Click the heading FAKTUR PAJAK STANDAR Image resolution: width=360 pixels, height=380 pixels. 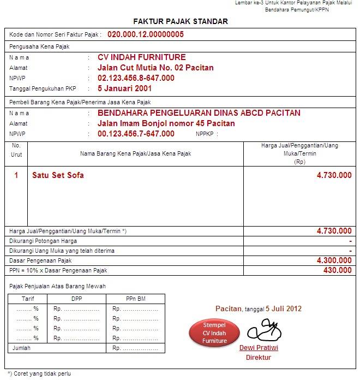tap(181, 21)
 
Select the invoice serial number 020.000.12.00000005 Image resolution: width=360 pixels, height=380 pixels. tap(146, 34)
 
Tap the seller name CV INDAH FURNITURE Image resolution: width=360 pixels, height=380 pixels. tap(142, 57)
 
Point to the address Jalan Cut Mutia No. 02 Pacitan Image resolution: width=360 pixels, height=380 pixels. tap(155, 68)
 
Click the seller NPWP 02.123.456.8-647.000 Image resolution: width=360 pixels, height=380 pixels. tap(136, 78)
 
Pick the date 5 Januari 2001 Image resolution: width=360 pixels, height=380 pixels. tap(124, 88)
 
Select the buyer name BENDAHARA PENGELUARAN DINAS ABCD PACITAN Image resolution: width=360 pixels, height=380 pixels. tap(199, 113)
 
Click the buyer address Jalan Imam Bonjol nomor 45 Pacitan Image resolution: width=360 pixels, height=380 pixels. tap(166, 123)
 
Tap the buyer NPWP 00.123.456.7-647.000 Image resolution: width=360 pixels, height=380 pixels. tap(136, 134)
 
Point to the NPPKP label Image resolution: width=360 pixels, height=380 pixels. tap(207, 134)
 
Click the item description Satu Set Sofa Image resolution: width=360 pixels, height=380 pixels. tap(58, 175)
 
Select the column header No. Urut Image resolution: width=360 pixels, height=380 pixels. tap(16, 150)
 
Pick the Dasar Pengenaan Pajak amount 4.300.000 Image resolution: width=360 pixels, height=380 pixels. tap(334, 260)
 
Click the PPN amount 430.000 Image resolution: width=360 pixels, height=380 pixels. tap(338, 270)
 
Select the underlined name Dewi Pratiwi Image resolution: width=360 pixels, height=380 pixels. tap(258, 348)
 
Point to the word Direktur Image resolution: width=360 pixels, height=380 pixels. tap(258, 358)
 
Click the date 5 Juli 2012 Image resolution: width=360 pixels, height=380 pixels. tap(284, 309)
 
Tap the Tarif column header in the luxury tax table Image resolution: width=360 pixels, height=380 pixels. tap(28, 299)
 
